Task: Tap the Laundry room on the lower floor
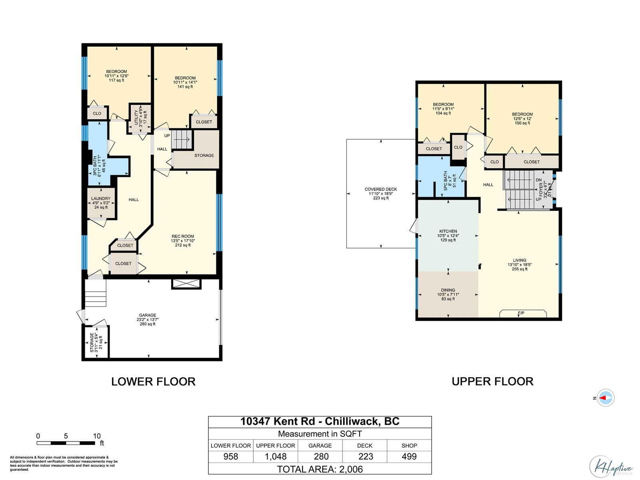[101, 203]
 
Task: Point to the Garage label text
[148, 319]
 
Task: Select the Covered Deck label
[381, 194]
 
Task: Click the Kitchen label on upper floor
[448, 236]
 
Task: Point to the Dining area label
[448, 294]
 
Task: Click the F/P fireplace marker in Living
[521, 313]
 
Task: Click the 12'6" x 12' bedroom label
[522, 118]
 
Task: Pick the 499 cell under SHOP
[409, 456]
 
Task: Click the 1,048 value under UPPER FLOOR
[276, 456]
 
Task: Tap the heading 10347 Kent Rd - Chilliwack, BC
[320, 422]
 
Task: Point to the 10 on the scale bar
[97, 436]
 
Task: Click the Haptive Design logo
[611, 466]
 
